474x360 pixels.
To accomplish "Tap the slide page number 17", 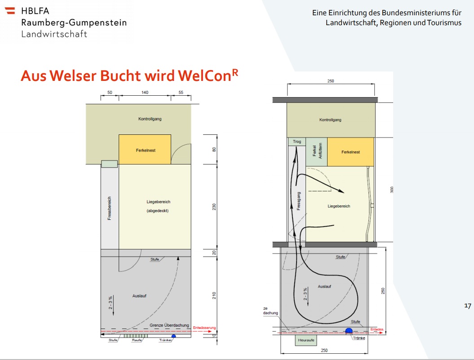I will pyautogui.click(x=467, y=306).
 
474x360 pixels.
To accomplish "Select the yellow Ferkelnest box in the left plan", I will pyautogui.click(x=145, y=150).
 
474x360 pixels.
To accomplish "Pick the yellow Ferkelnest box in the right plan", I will pyautogui.click(x=350, y=152).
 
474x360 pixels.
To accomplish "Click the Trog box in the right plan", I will pyautogui.click(x=297, y=142).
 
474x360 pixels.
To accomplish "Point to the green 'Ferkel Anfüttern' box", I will pyautogui.click(x=316, y=152).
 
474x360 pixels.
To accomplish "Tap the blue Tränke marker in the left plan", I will pyautogui.click(x=174, y=336).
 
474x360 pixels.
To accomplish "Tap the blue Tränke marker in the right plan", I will pyautogui.click(x=348, y=332).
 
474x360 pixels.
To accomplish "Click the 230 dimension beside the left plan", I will pyautogui.click(x=214, y=207).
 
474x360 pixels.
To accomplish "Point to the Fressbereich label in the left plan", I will pyautogui.click(x=109, y=208).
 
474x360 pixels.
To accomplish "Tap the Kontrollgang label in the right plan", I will pyautogui.click(x=330, y=120).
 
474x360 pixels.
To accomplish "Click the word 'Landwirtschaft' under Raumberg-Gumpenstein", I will pyautogui.click(x=54, y=34).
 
